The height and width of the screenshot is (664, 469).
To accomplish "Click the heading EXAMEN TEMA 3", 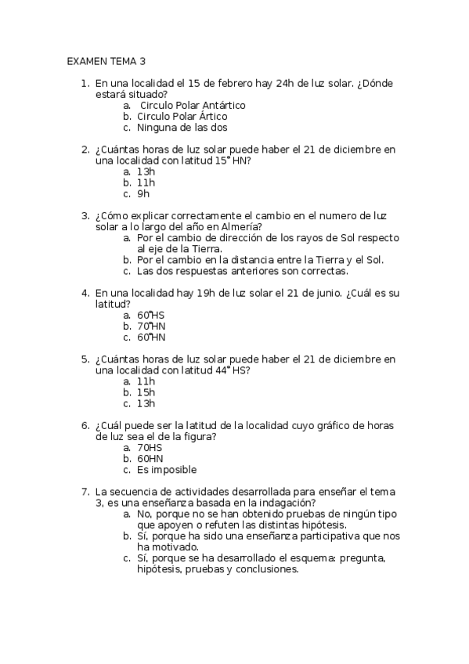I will (106, 60).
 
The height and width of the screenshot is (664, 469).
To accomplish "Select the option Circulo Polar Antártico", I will (192, 105).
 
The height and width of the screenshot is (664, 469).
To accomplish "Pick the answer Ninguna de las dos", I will (182, 128).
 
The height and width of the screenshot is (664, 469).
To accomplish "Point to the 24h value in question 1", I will (299, 83).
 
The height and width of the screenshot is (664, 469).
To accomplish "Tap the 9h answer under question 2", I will (143, 193).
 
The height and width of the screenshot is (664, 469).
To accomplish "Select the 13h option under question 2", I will (146, 171).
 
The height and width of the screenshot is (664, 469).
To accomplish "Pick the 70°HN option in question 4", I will (151, 326).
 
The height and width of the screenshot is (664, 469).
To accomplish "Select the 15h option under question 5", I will (146, 392).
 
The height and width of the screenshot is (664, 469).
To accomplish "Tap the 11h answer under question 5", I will (146, 381).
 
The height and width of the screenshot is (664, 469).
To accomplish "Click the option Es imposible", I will (166, 470).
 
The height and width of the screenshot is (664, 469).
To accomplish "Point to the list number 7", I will (85, 492).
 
